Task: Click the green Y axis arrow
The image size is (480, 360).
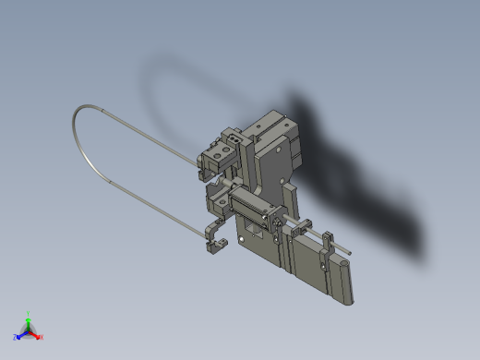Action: click(x=28, y=317)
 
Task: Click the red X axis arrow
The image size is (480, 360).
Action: click(x=39, y=336)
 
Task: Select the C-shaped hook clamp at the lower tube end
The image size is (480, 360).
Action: click(x=215, y=243)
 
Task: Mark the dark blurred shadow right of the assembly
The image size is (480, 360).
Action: click(x=369, y=185)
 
